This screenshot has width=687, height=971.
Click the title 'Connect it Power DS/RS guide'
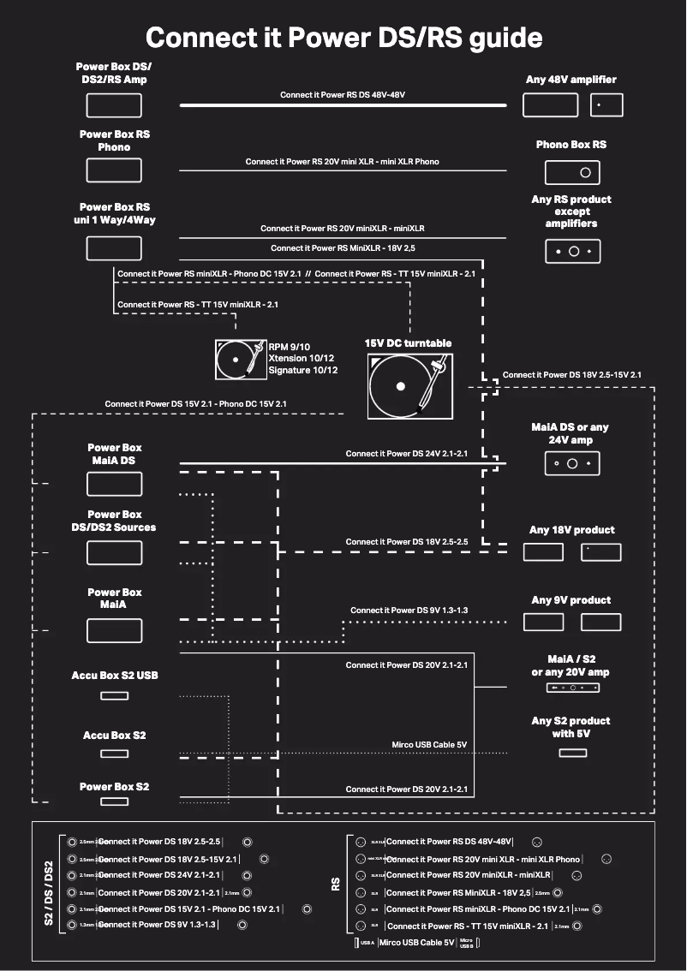(x=343, y=38)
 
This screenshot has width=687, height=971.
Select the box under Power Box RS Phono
(x=114, y=170)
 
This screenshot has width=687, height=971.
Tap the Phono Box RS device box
(x=572, y=172)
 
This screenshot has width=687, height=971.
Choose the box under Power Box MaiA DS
(x=114, y=484)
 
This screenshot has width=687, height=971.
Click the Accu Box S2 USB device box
(x=114, y=694)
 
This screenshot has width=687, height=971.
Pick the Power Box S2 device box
(x=114, y=801)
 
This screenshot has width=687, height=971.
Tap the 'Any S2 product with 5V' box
(x=572, y=753)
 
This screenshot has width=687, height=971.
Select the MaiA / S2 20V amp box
(x=572, y=688)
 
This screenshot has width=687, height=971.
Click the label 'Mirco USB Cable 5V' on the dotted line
(x=428, y=745)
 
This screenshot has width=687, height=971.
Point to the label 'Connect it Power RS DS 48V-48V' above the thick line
(x=343, y=95)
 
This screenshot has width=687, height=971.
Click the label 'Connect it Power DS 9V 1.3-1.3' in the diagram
(x=409, y=611)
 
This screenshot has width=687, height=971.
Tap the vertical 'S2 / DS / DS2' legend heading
(x=48, y=893)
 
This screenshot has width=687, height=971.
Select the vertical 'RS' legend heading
(x=336, y=884)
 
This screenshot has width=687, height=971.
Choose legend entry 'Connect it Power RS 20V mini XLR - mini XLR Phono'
(x=483, y=859)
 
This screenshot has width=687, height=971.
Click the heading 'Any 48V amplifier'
(x=571, y=80)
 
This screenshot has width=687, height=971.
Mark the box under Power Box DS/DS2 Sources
(x=114, y=552)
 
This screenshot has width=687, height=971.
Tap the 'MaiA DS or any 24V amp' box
(x=572, y=463)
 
